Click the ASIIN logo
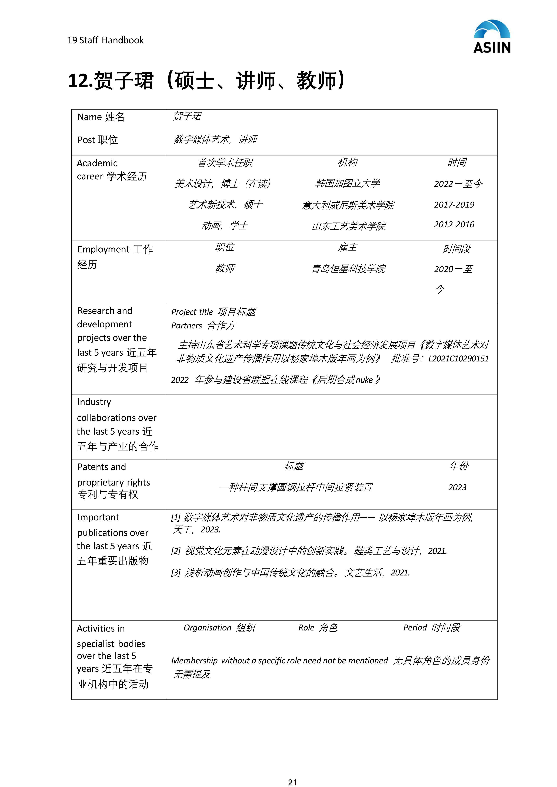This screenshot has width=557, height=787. [x=492, y=37]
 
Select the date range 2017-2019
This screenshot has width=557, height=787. [x=454, y=205]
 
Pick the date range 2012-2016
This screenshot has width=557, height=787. [x=454, y=225]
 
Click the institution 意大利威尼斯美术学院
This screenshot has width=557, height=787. [x=348, y=205]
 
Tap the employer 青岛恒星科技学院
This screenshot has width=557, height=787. [x=348, y=269]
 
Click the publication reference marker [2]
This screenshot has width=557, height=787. [x=176, y=551]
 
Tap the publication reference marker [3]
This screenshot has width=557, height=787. [x=176, y=572]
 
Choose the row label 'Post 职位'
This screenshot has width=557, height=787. [x=98, y=140]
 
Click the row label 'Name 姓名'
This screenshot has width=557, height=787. [x=101, y=117]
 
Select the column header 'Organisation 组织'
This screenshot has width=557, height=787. [x=219, y=628]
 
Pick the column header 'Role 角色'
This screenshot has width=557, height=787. [x=318, y=628]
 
